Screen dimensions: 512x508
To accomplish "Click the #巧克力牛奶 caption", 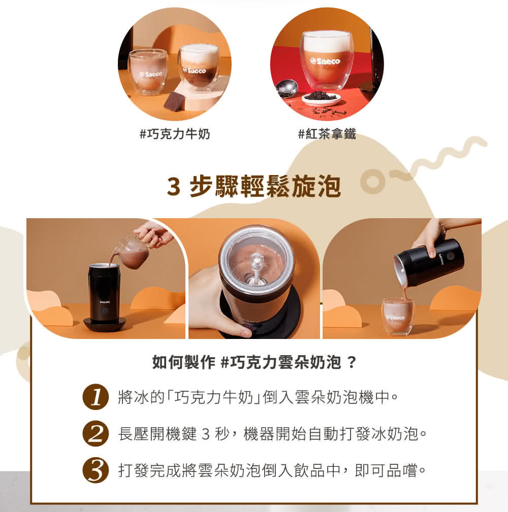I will pyautogui.click(x=174, y=134).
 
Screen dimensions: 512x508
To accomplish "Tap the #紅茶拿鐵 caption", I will pyautogui.click(x=327, y=134).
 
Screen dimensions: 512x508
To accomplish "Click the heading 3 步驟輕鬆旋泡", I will pyautogui.click(x=253, y=187).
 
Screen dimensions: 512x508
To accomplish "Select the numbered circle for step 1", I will pyautogui.click(x=96, y=396).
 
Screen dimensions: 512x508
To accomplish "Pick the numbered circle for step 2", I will pyautogui.click(x=96, y=434).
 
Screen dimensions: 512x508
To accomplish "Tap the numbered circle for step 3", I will pyautogui.click(x=96, y=471).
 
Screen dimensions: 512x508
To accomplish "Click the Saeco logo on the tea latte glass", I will pyautogui.click(x=327, y=61).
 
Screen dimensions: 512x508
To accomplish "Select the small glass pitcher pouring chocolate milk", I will pyautogui.click(x=133, y=250).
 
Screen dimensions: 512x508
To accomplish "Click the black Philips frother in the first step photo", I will pyautogui.click(x=104, y=294).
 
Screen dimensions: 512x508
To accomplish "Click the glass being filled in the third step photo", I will pyautogui.click(x=398, y=317).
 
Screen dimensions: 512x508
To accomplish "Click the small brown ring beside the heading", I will pyautogui.click(x=372, y=183).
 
